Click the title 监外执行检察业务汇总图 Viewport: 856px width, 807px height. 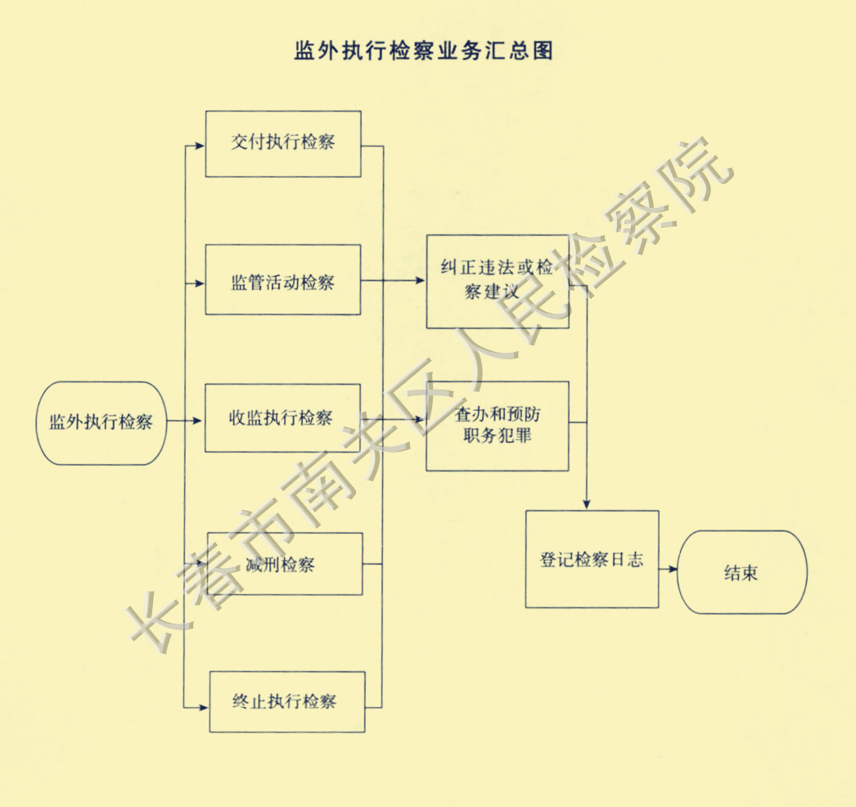(x=423, y=51)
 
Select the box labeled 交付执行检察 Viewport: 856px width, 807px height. (x=283, y=143)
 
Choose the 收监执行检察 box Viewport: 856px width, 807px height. (x=283, y=417)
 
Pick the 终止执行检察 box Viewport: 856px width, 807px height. (x=287, y=701)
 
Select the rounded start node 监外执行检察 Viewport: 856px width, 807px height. (x=101, y=423)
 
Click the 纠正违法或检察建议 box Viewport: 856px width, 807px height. (x=497, y=282)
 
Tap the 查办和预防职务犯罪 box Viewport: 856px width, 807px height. (x=497, y=426)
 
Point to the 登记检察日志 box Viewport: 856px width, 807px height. (x=592, y=559)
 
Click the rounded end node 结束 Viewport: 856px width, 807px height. (x=742, y=572)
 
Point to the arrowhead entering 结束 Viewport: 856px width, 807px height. (x=674, y=569)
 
